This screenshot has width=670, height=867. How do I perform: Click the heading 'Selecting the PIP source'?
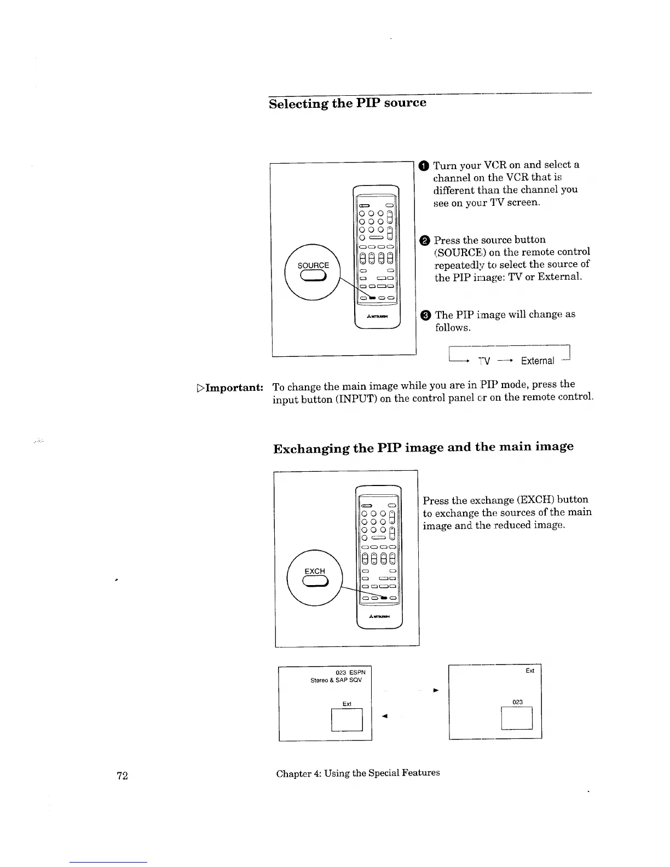[347, 103]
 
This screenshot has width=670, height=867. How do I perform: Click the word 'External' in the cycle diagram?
[537, 361]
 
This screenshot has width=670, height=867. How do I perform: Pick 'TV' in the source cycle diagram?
[484, 361]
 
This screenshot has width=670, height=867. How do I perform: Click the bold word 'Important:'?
[230, 388]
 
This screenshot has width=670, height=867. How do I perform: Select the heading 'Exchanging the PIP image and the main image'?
[423, 448]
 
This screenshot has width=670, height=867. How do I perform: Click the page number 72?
[122, 775]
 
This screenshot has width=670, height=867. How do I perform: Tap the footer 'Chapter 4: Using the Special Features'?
[358, 773]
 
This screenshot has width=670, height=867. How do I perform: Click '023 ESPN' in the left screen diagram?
[350, 672]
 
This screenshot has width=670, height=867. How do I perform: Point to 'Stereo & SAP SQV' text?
[336, 680]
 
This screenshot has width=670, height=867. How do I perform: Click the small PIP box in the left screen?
[347, 719]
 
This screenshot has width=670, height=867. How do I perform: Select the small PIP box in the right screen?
[517, 718]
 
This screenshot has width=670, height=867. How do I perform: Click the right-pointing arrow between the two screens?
[436, 690]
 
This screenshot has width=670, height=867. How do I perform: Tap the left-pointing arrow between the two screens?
[385, 715]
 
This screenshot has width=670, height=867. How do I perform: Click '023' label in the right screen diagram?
[517, 702]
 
